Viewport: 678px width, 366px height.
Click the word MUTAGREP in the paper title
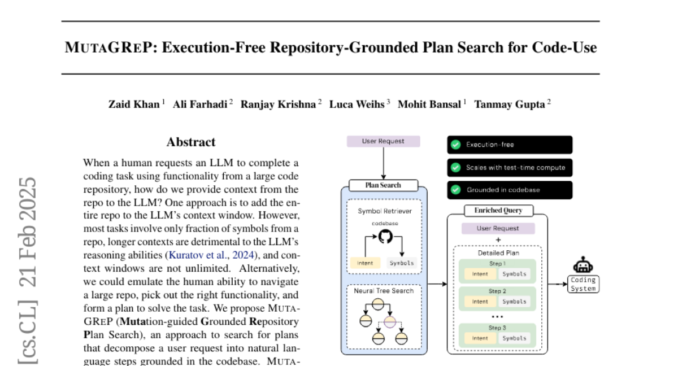point(110,47)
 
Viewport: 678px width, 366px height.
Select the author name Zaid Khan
point(134,104)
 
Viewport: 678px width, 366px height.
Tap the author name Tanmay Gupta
point(510,104)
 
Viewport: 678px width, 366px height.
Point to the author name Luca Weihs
point(357,104)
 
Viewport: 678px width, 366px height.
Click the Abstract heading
point(191,142)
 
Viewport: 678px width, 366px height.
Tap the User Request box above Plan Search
point(383,141)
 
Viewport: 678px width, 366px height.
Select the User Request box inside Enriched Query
point(498,229)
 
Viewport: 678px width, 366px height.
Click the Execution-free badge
point(509,145)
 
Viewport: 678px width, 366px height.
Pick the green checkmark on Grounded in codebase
point(455,190)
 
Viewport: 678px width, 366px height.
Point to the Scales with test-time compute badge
point(509,167)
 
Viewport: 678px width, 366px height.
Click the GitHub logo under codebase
point(385,237)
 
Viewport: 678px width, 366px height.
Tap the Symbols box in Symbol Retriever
point(402,263)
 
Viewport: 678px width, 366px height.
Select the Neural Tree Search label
point(384,291)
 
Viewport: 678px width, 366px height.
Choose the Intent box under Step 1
point(480,274)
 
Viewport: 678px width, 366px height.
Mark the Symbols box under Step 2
point(514,302)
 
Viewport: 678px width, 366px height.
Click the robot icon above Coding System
point(583,265)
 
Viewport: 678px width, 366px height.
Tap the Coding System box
point(583,284)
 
